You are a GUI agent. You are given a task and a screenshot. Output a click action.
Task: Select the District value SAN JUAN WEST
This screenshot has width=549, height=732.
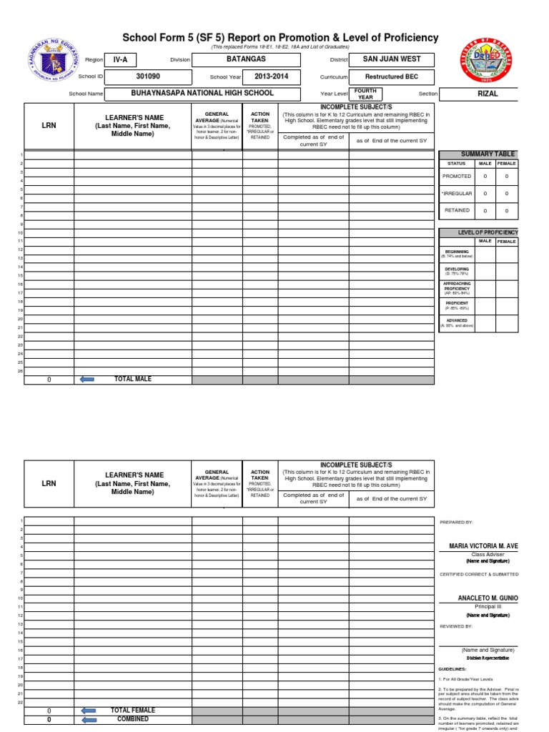[392, 59]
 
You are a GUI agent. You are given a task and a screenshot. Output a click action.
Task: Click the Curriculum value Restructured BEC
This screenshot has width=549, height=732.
[392, 76]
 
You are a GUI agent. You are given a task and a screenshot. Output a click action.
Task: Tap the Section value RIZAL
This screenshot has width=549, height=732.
[488, 94]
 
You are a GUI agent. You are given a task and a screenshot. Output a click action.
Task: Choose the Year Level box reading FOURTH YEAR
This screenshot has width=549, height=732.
[365, 94]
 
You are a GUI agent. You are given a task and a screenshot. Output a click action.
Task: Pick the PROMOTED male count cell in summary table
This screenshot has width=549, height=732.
[485, 176]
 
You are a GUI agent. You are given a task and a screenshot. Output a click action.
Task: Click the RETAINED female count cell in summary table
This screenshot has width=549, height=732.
[507, 211]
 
